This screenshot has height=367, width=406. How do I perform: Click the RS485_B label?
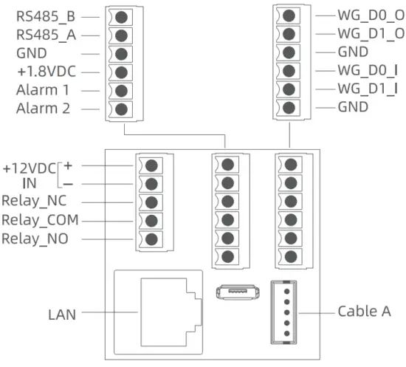click(45, 15)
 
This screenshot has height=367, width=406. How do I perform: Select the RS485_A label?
click(45, 34)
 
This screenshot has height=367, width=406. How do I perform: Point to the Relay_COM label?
click(40, 220)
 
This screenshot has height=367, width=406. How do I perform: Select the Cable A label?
click(365, 310)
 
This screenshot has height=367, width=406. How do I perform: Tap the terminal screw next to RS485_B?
click(120, 16)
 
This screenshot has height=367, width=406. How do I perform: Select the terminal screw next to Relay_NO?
click(151, 239)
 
